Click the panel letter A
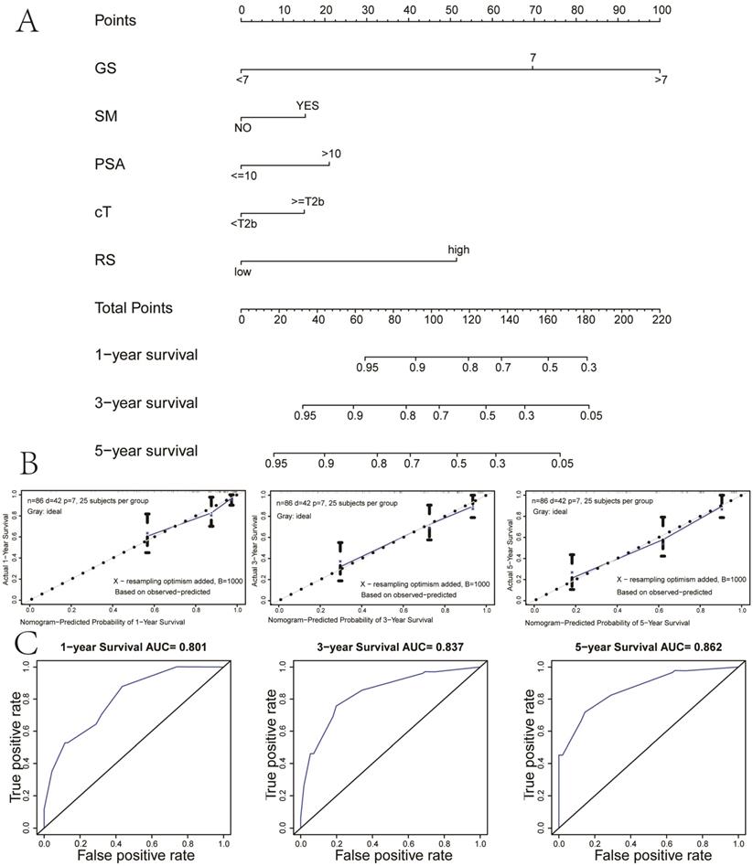[x=27, y=20]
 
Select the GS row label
[x=106, y=69]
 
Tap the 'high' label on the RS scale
[x=458, y=250]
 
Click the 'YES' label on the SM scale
[x=307, y=105]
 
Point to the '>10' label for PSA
[x=331, y=154]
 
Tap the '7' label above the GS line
[x=532, y=58]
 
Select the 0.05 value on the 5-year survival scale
[x=561, y=464]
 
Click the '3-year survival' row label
[x=146, y=402]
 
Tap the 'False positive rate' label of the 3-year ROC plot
[x=385, y=855]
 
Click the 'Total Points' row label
[x=134, y=308]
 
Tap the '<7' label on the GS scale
[x=242, y=80]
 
